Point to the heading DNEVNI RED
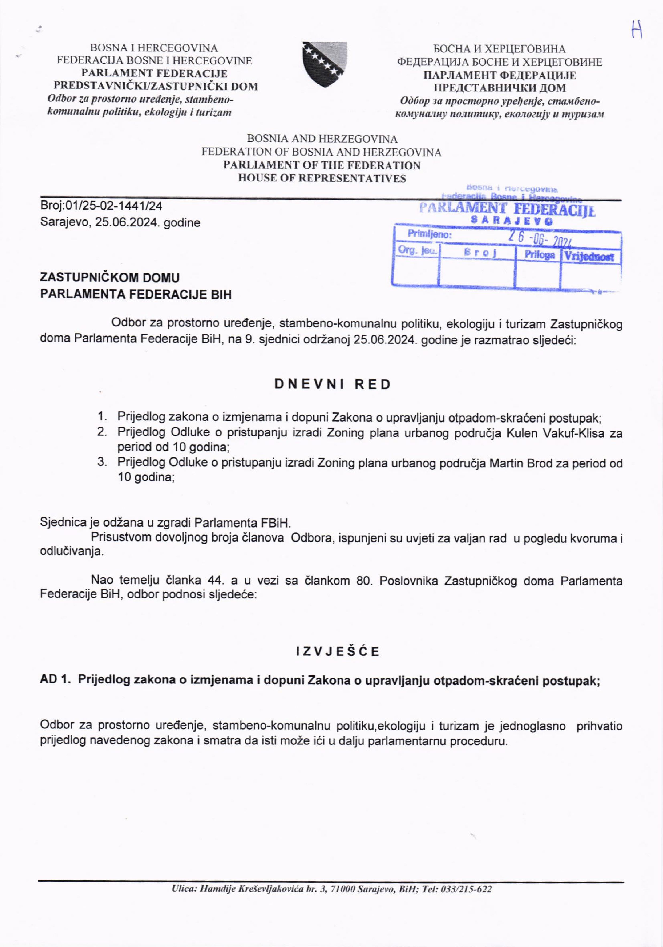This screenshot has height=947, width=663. coord(333,384)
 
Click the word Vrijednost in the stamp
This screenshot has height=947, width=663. coord(589,257)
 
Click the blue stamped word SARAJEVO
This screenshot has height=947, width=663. coord(512,221)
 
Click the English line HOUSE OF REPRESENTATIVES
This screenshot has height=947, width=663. coord(322,179)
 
